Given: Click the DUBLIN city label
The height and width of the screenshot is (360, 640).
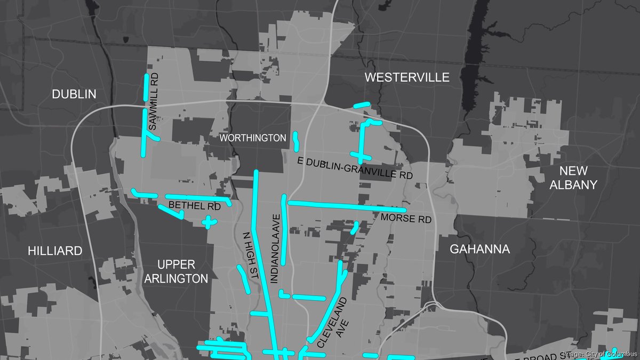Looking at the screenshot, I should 74,94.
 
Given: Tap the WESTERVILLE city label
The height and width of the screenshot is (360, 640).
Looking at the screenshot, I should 407,77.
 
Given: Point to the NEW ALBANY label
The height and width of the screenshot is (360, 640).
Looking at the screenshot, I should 574,178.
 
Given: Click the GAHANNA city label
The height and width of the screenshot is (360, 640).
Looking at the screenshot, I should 479,249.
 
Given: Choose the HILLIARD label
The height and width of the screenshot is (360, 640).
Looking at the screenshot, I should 55,251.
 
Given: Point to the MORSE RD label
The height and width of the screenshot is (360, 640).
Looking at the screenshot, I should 406,218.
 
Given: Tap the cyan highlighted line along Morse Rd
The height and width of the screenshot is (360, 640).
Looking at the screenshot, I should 347,206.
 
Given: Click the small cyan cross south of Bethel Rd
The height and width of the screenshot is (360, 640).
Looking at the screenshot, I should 209,222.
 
